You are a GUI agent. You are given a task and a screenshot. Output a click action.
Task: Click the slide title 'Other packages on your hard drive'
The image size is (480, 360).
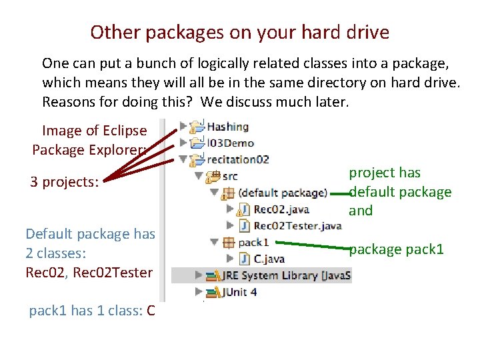pyautogui.click(x=239, y=32)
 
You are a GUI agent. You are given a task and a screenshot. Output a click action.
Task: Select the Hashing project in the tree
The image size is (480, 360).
pyautogui.click(x=227, y=127)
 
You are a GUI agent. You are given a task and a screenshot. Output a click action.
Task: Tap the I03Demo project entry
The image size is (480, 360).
pyautogui.click(x=230, y=143)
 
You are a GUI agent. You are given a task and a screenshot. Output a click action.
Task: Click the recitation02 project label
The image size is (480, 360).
pyautogui.click(x=238, y=159)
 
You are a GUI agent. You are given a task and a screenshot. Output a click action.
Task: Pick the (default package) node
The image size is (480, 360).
pyautogui.click(x=283, y=193)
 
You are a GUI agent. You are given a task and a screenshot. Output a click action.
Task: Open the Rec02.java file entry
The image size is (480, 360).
pyautogui.click(x=281, y=209)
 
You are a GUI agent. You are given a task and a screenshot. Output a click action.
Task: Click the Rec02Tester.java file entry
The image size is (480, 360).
pyautogui.click(x=297, y=226)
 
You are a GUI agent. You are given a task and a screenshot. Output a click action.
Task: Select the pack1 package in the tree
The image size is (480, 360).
pyautogui.click(x=253, y=243)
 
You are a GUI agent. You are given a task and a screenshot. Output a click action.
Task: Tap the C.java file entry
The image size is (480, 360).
pyautogui.click(x=269, y=259)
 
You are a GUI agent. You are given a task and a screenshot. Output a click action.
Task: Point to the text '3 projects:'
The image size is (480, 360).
pyautogui.click(x=64, y=182)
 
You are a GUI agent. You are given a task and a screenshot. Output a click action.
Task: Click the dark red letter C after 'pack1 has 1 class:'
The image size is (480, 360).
pyautogui.click(x=151, y=311)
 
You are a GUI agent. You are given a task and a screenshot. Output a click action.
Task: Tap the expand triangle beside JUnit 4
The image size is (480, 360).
pyautogui.click(x=198, y=291)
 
